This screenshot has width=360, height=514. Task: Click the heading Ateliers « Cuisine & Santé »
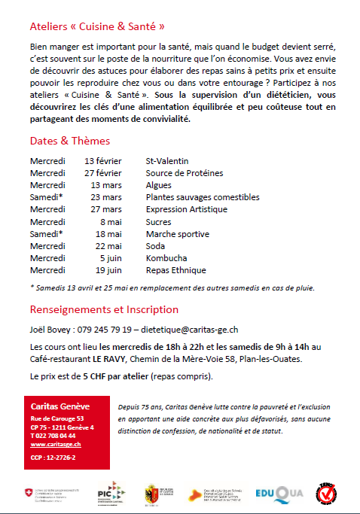pyautogui.click(x=97, y=26)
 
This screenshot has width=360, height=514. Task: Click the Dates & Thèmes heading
pyautogui.click(x=70, y=141)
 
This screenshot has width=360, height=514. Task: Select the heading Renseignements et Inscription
pyautogui.click(x=104, y=309)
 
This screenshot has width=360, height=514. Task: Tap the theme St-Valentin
pyautogui.click(x=167, y=161)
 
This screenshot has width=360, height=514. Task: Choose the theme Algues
pyautogui.click(x=159, y=185)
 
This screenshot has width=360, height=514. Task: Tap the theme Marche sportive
pyautogui.click(x=178, y=234)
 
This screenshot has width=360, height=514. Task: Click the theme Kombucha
pyautogui.click(x=166, y=258)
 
